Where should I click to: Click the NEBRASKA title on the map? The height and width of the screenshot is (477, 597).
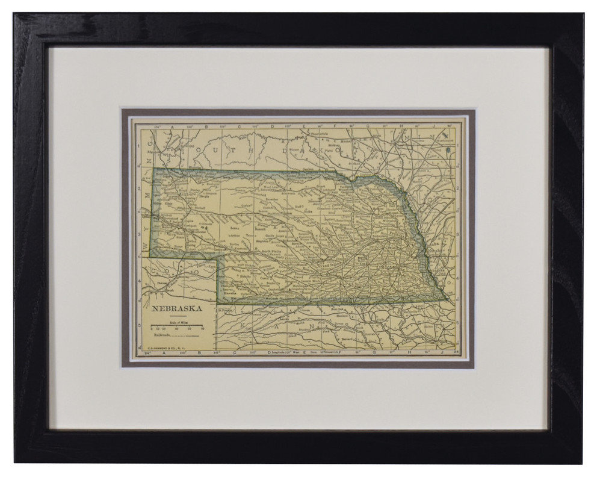pyautogui.click(x=177, y=310)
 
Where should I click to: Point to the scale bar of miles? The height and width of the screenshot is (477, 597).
pyautogui.click(x=177, y=326)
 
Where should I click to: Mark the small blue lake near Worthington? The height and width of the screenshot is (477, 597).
pyautogui.click(x=448, y=148)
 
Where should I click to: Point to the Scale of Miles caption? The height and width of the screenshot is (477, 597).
pyautogui.click(x=177, y=320)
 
